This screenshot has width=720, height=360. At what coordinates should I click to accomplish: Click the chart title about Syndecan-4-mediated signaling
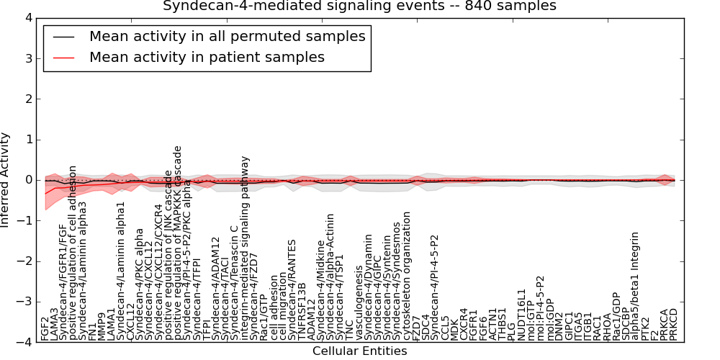(359, 6)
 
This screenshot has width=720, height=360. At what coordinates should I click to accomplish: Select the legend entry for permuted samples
(227, 36)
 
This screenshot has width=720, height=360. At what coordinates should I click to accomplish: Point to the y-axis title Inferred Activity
(6, 180)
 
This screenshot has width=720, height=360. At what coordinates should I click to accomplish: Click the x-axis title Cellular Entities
(359, 351)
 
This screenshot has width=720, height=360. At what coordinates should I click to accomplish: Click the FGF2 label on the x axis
(45, 328)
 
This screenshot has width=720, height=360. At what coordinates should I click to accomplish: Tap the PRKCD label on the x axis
(673, 324)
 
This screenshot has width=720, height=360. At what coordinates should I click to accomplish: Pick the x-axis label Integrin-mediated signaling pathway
(245, 248)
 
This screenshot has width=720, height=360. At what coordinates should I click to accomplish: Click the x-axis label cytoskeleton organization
(407, 275)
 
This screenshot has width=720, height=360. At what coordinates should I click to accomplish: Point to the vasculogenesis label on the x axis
(360, 303)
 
